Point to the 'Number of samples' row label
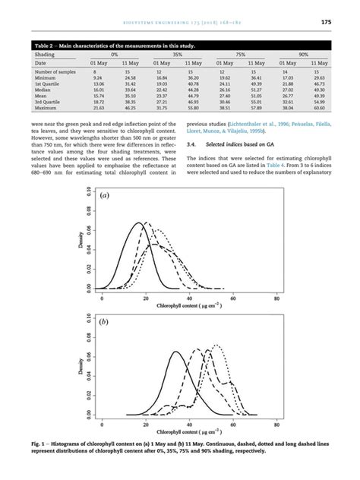[x=54, y=71]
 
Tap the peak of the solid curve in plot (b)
[x=176, y=352]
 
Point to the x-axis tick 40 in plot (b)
[x=188, y=426]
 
